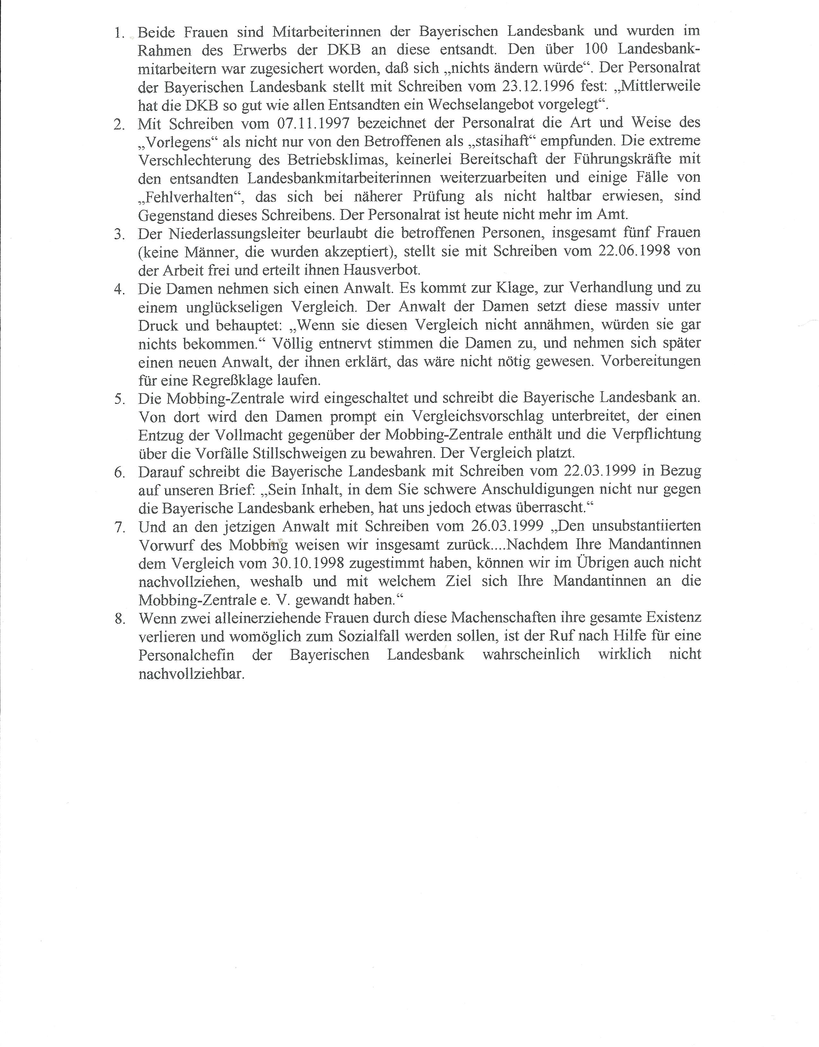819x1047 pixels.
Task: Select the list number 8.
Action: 119,619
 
